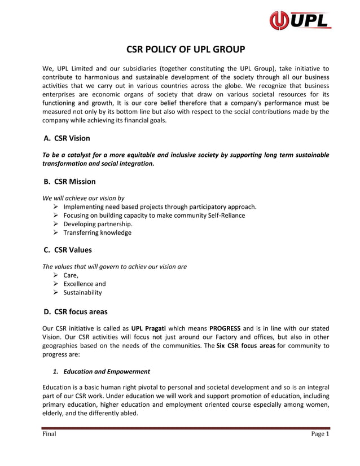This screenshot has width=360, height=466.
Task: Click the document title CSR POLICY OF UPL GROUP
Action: (x=185, y=49)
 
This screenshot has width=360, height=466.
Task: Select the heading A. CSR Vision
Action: (x=67, y=138)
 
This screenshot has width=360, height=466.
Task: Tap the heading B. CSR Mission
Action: (x=69, y=182)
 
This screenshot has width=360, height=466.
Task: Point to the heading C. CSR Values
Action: (x=68, y=250)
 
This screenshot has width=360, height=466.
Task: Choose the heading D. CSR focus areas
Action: (x=75, y=311)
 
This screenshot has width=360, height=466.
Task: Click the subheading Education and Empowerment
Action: (x=107, y=372)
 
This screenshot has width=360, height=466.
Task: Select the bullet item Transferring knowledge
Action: (x=97, y=232)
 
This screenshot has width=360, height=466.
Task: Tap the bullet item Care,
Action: (x=71, y=275)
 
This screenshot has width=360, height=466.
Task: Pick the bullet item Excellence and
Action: (x=84, y=284)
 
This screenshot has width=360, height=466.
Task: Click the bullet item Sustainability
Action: (x=82, y=293)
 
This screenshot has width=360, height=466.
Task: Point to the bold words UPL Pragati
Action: (x=149, y=328)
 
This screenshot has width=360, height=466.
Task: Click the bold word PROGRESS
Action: (x=225, y=328)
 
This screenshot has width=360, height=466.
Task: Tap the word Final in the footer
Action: (x=49, y=434)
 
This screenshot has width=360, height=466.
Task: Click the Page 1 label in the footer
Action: (x=320, y=434)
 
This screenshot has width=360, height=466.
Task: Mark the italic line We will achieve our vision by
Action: (x=84, y=198)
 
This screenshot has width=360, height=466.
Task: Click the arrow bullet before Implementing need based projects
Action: (x=55, y=206)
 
